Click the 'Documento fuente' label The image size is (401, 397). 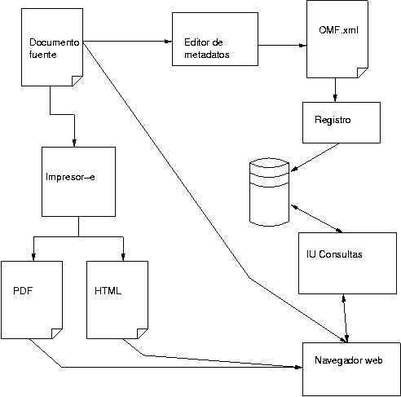[x=54, y=48]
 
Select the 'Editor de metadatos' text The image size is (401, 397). [x=207, y=48]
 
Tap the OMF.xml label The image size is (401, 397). [x=338, y=29]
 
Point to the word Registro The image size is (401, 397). [x=333, y=120]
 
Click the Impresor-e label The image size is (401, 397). [x=70, y=177]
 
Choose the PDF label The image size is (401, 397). [x=23, y=291]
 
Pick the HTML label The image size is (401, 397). [x=108, y=291]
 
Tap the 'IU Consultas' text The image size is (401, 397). [x=334, y=254]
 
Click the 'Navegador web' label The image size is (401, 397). [x=349, y=360]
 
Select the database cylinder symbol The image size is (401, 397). [x=269, y=192]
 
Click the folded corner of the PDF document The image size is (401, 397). [x=57, y=333]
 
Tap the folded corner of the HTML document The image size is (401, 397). [x=143, y=333]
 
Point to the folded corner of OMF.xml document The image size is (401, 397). [x=363, y=73]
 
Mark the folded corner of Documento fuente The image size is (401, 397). [x=77, y=81]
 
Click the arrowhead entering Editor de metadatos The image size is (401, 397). [x=169, y=42]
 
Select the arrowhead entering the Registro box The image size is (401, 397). [x=335, y=98]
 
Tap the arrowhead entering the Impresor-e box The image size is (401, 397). [x=74, y=143]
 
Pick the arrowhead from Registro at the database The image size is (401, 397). [x=294, y=169]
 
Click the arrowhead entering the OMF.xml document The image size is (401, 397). [x=302, y=46]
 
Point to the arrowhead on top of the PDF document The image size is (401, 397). [x=33, y=257]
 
